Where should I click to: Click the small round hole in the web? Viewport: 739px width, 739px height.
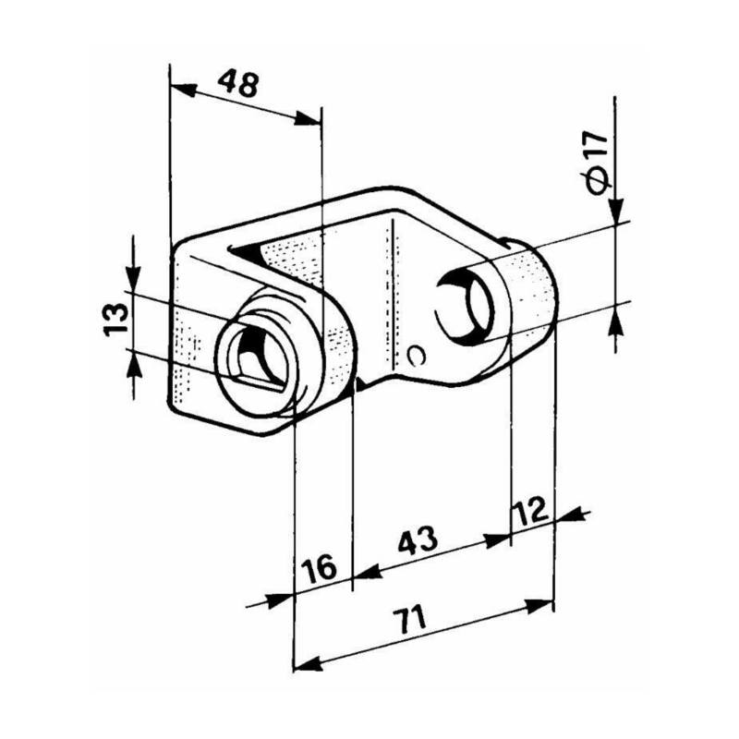click(418, 355)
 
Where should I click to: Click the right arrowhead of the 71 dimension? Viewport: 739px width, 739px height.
click(542, 604)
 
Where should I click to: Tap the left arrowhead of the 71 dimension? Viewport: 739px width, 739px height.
click(304, 662)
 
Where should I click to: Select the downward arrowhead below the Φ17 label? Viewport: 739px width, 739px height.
click(616, 212)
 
